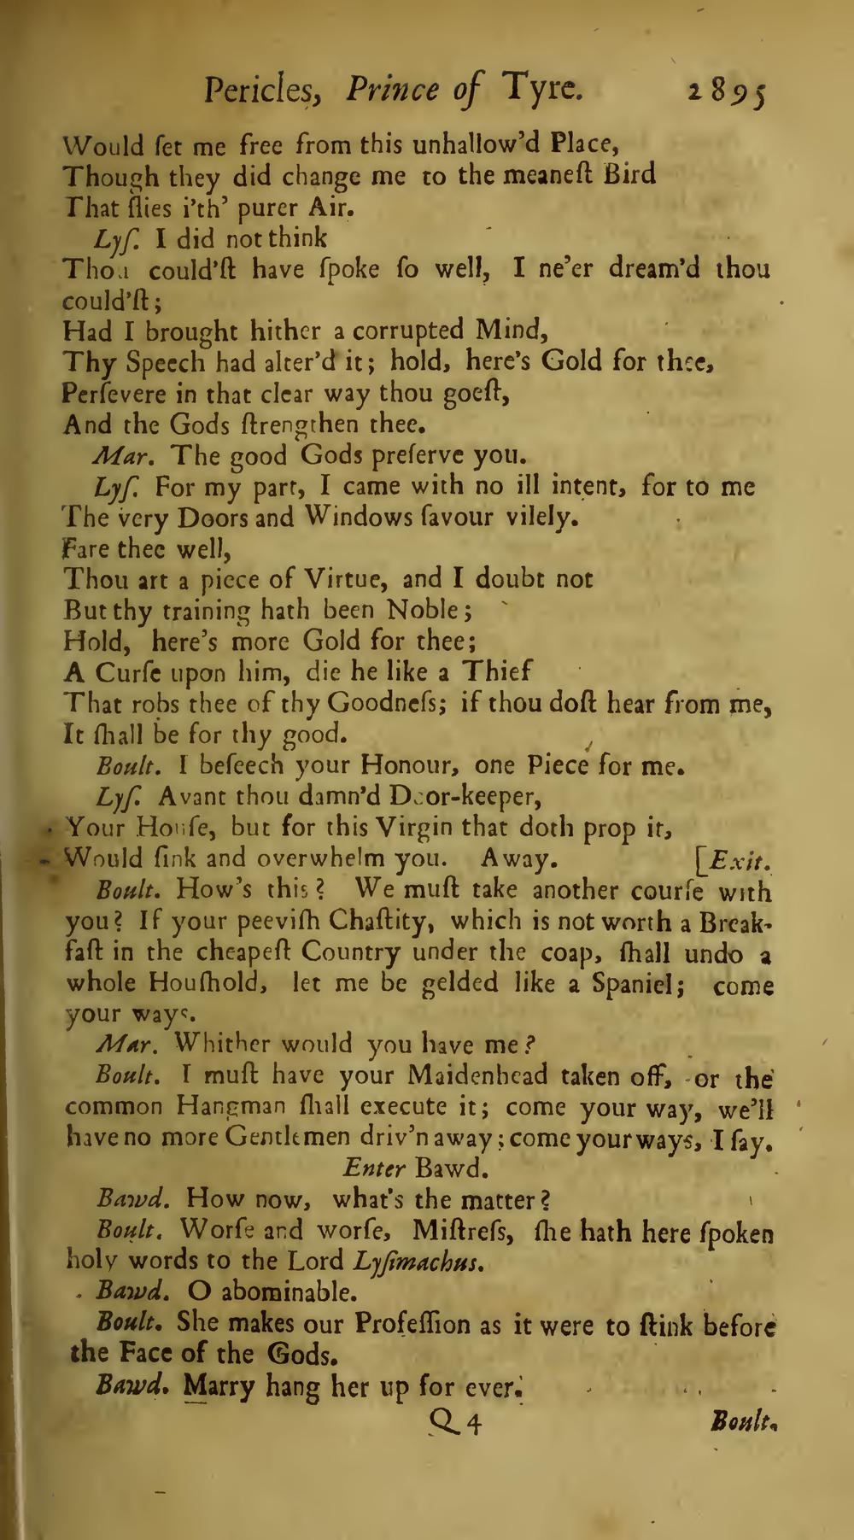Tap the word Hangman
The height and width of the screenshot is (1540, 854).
click(x=235, y=1106)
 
